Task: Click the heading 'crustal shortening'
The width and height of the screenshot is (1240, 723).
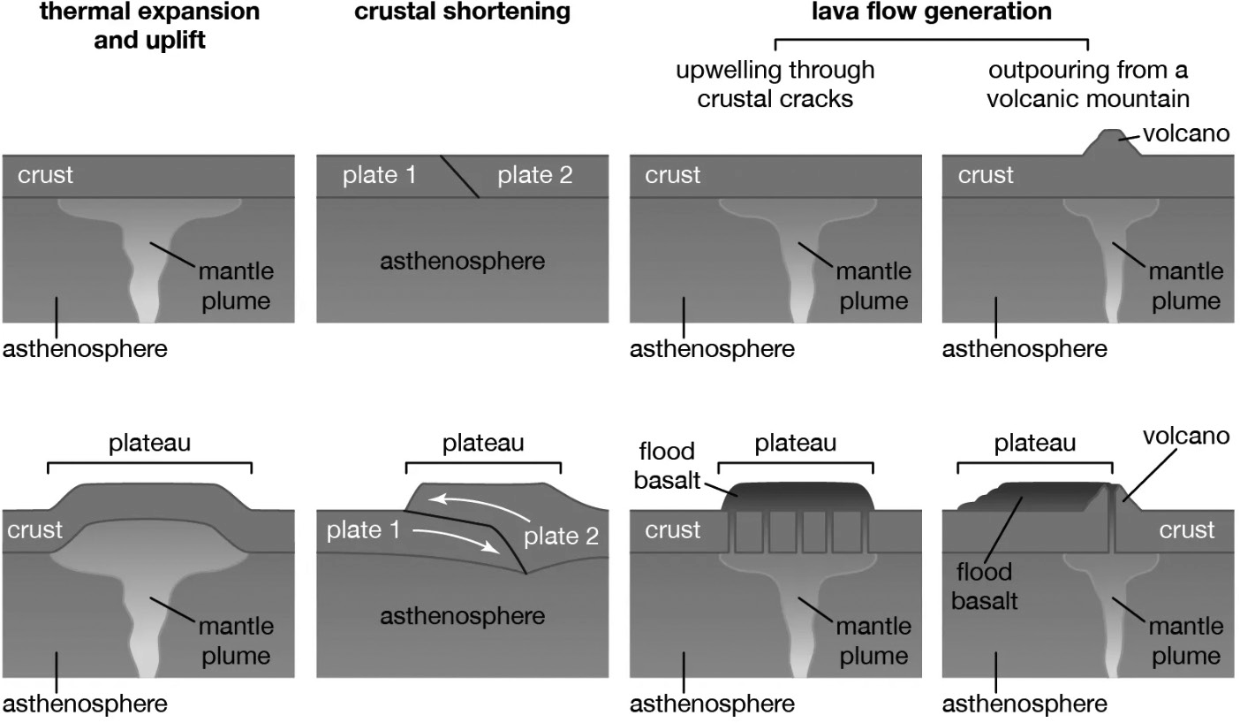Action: click(x=462, y=11)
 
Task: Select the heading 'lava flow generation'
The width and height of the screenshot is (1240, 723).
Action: click(x=932, y=11)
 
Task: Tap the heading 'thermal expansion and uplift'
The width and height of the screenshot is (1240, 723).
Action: click(x=149, y=26)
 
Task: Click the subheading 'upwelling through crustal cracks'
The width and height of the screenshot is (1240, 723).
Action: click(x=775, y=84)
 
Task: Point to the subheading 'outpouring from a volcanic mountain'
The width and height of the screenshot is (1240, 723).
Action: click(x=1088, y=84)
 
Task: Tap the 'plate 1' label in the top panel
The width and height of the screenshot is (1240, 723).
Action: click(x=379, y=175)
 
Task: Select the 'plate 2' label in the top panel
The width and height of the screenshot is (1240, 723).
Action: click(x=534, y=175)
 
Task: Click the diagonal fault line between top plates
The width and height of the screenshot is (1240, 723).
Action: click(x=459, y=177)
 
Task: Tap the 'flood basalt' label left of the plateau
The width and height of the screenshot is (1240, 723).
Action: click(x=667, y=466)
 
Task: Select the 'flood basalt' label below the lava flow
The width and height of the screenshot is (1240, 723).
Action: click(x=984, y=586)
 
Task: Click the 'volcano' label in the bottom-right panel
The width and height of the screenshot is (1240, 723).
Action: click(x=1186, y=437)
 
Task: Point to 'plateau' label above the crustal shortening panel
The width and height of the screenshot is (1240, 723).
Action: click(x=483, y=443)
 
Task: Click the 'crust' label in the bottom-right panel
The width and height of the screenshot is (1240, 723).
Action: click(x=1187, y=530)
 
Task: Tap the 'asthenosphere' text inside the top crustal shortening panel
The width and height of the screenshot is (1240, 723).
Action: click(x=462, y=261)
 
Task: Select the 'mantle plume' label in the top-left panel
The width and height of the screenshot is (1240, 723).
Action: click(x=237, y=285)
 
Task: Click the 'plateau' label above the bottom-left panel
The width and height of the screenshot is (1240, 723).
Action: click(x=149, y=443)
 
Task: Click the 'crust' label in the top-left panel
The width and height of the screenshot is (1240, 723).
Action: click(x=45, y=175)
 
